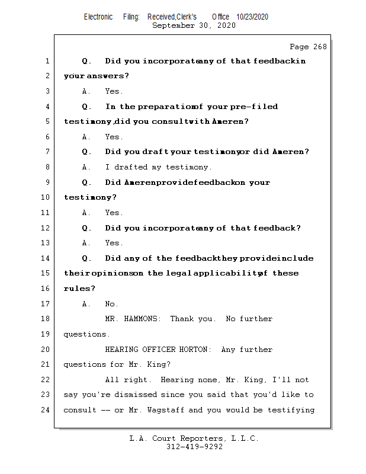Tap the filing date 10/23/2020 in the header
pos(252,17)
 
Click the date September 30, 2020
pos(194,25)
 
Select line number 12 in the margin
pos(46,228)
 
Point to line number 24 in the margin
pos(46,410)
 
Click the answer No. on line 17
pos(112,304)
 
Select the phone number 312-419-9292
pos(194,447)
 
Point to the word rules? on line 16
pos(79,289)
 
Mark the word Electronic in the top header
pos(98,17)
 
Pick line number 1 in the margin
pos(46,61)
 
